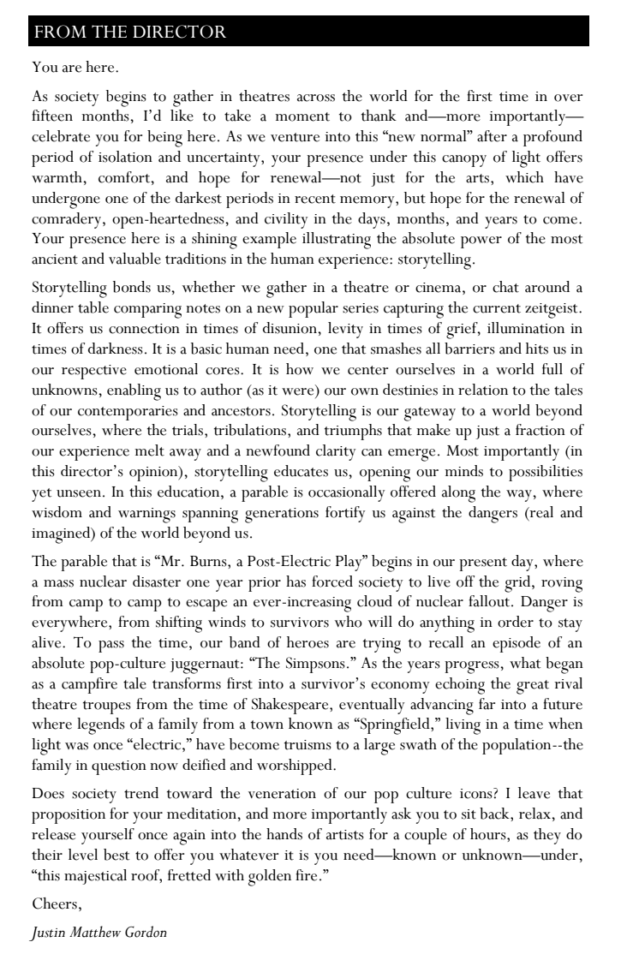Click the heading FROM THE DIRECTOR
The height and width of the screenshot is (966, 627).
click(128, 33)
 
